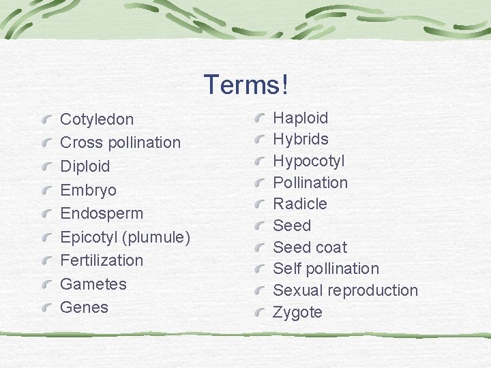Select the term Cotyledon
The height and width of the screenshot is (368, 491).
tap(97, 120)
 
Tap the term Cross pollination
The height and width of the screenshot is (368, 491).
tap(120, 143)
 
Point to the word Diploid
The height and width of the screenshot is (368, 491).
tap(85, 166)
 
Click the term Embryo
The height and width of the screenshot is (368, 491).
tap(88, 190)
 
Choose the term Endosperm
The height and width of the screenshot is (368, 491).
tap(102, 213)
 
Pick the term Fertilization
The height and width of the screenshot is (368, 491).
tap(102, 260)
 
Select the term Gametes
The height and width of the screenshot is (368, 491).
tap(93, 284)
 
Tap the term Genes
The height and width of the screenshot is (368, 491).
tap(84, 307)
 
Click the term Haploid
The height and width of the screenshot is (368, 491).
tap(300, 118)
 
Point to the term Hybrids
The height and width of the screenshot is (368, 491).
tap(300, 140)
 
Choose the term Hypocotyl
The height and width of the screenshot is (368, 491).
tap(308, 162)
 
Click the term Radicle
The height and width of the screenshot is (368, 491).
tap(299, 204)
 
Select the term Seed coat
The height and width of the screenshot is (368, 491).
tap(310, 247)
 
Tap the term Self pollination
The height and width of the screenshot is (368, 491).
tap(325, 269)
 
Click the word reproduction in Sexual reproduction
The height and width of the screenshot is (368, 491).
tap(372, 290)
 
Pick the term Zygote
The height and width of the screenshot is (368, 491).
tap(297, 313)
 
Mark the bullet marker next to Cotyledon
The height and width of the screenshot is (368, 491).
tap(46, 120)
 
